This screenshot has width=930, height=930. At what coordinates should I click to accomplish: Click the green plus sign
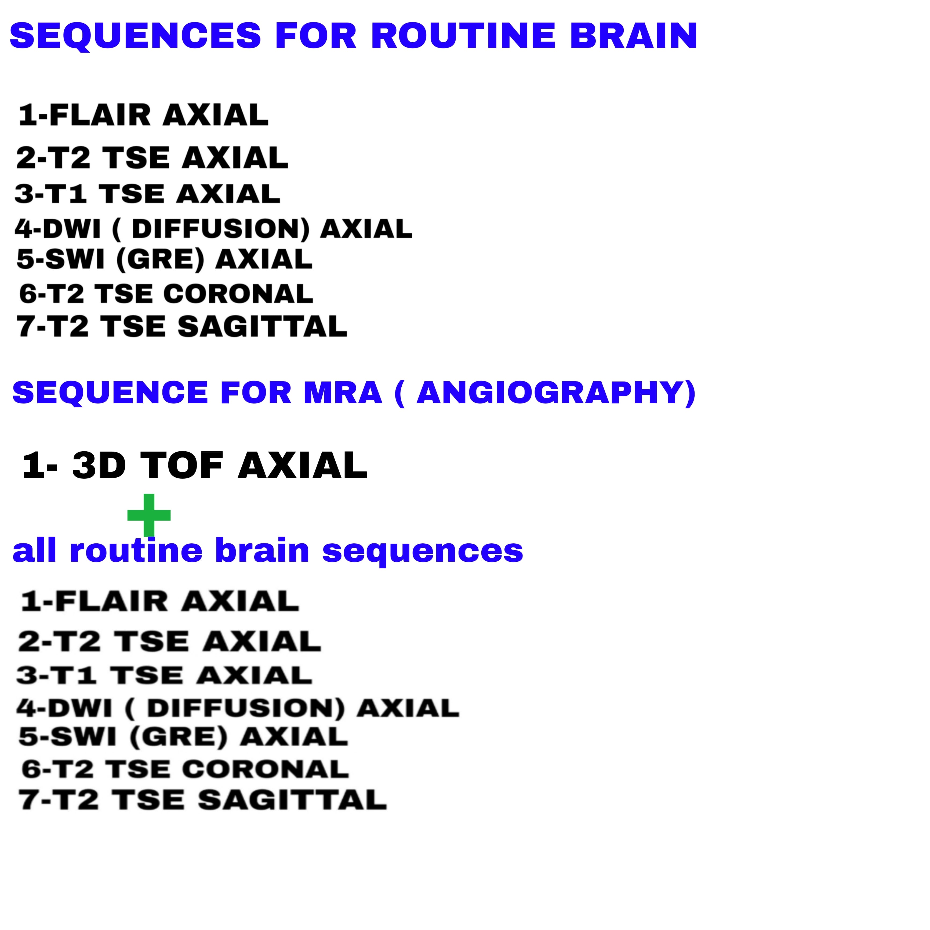tap(149, 515)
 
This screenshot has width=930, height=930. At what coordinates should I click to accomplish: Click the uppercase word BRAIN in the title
tap(634, 36)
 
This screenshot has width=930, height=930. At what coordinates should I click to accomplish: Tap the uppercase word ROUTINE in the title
tap(464, 36)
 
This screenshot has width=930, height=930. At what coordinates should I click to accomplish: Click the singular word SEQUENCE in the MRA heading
tap(110, 393)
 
